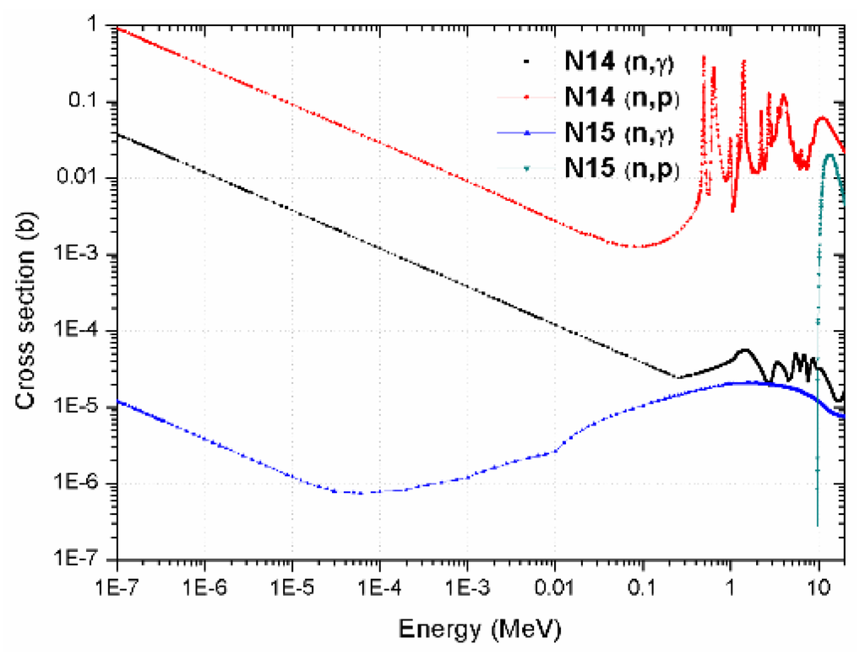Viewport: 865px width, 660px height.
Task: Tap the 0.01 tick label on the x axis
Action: (554, 585)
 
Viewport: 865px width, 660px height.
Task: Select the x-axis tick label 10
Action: (817, 585)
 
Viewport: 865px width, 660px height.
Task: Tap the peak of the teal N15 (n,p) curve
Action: (830, 154)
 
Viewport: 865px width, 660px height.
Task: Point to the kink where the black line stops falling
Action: (678, 376)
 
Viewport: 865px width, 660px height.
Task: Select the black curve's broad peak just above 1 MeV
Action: (744, 349)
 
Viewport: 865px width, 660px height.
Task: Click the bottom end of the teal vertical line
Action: (817, 525)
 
